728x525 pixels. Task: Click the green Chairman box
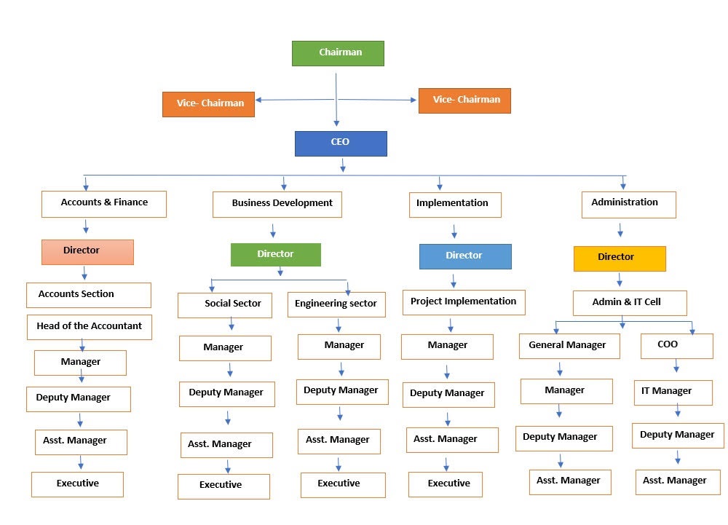pyautogui.click(x=338, y=53)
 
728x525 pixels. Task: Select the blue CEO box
pyautogui.click(x=341, y=143)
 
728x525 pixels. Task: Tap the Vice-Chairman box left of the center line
pyautogui.click(x=208, y=104)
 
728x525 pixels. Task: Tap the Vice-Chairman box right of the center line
pyautogui.click(x=464, y=100)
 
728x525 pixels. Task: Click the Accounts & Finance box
pyautogui.click(x=104, y=204)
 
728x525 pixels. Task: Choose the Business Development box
pyautogui.click(x=277, y=205)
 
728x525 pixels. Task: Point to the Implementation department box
pyautogui.click(x=455, y=205)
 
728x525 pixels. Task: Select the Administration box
pyautogui.click(x=629, y=205)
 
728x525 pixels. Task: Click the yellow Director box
pyautogui.click(x=620, y=258)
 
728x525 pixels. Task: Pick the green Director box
pyautogui.click(x=276, y=255)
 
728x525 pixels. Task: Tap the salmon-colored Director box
pyautogui.click(x=87, y=252)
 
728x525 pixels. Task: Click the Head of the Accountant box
pyautogui.click(x=90, y=327)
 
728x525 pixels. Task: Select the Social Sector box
pyautogui.click(x=225, y=305)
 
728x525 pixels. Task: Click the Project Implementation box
pyautogui.click(x=464, y=302)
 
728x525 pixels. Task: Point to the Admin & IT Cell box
pyautogui.click(x=630, y=303)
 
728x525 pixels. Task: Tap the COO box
pyautogui.click(x=677, y=346)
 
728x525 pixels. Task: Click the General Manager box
pyautogui.click(x=569, y=347)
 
